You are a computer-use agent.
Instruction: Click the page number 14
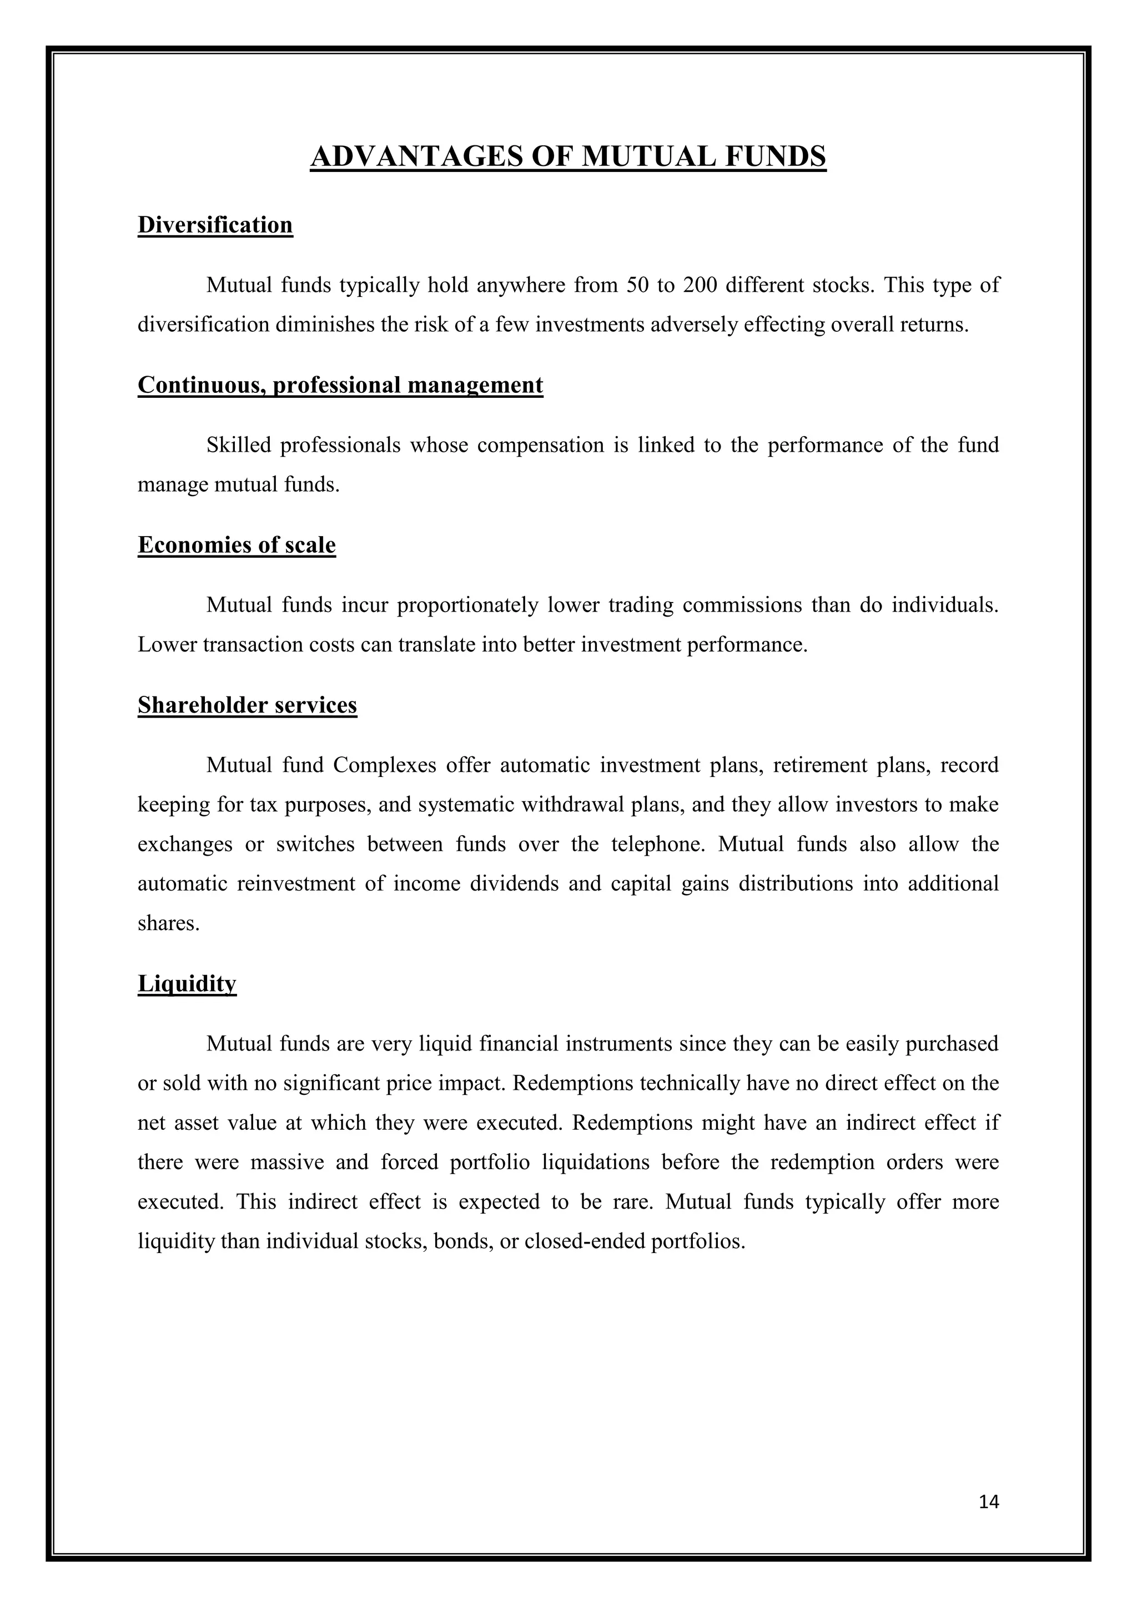(x=989, y=1502)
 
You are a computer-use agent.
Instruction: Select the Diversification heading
(x=215, y=225)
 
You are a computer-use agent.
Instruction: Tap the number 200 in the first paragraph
(x=700, y=286)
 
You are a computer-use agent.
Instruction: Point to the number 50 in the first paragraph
(x=638, y=286)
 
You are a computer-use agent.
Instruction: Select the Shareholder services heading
(x=247, y=705)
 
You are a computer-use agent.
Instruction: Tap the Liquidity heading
(x=187, y=983)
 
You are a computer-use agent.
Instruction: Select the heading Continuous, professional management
(x=340, y=385)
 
